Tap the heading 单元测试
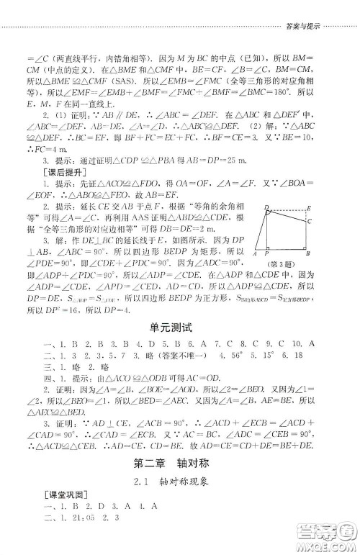[179, 328]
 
